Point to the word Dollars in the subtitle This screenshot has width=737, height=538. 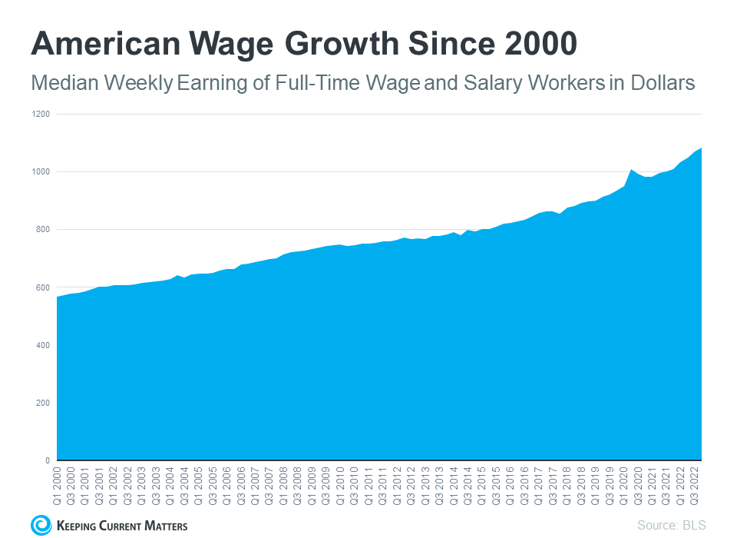click(660, 83)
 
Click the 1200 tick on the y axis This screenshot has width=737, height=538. click(41, 114)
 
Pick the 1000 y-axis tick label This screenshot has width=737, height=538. click(41, 171)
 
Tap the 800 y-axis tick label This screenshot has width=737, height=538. click(43, 229)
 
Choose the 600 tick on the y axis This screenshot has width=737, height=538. click(43, 287)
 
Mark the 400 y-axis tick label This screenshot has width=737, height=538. click(43, 345)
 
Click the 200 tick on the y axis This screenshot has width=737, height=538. click(43, 403)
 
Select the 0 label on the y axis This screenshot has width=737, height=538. click(48, 460)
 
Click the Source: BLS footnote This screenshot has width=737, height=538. click(671, 526)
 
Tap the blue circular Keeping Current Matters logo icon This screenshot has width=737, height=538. click(41, 525)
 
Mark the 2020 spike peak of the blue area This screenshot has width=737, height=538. click(631, 170)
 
